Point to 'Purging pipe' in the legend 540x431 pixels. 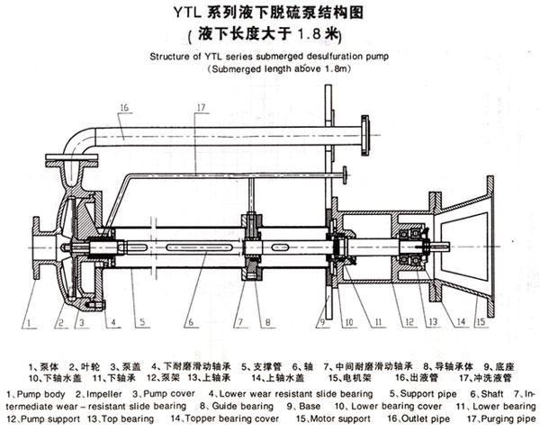pos(508,418)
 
